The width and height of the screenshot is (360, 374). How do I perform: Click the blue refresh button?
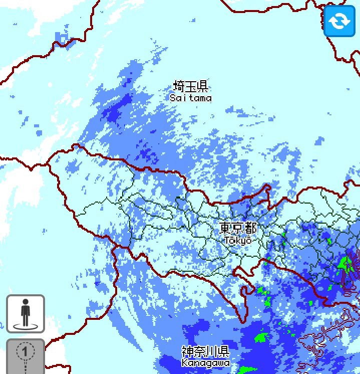click(339, 21)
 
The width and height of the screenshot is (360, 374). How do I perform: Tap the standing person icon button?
click(26, 314)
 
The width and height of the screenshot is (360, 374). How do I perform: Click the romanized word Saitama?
click(190, 98)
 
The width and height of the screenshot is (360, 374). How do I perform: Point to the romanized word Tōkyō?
click(238, 240)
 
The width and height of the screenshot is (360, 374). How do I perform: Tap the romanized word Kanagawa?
click(206, 362)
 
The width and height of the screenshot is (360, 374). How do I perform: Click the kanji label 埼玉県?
click(190, 86)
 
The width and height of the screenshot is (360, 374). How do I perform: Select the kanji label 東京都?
click(238, 228)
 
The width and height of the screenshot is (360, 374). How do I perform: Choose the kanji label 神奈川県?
click(206, 351)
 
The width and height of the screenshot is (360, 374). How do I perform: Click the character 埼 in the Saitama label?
click(179, 86)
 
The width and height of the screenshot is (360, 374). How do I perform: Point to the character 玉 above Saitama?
click(190, 86)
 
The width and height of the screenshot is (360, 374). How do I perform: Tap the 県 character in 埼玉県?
click(202, 86)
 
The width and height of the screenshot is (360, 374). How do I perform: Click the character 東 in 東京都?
click(226, 228)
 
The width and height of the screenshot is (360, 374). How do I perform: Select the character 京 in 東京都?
click(238, 228)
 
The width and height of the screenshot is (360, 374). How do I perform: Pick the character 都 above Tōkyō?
click(250, 228)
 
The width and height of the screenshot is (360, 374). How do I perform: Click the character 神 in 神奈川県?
click(188, 351)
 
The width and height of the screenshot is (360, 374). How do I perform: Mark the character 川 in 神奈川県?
click(212, 351)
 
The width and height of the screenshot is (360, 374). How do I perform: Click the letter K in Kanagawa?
click(184, 362)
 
